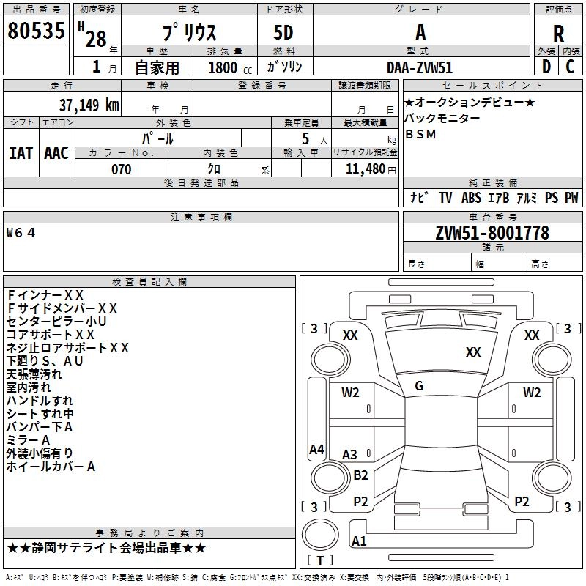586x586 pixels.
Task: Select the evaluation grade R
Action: click(558, 34)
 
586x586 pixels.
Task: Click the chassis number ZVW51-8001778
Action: click(492, 233)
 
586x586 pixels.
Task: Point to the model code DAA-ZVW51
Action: click(420, 66)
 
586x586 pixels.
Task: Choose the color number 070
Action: click(121, 169)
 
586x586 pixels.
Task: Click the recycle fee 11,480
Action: click(364, 169)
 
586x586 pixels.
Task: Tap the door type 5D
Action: click(283, 33)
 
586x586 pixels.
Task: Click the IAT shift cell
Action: click(21, 153)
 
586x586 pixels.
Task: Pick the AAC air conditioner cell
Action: click(56, 153)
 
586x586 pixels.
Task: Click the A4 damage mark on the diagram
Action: click(316, 450)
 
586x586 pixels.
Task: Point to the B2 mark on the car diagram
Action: click(360, 475)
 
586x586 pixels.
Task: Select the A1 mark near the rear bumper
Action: click(359, 541)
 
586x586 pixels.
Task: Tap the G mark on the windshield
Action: click(419, 386)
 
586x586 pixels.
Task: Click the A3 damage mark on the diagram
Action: click(349, 455)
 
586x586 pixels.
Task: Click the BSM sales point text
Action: click(420, 134)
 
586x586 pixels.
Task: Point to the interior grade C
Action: click(571, 66)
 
